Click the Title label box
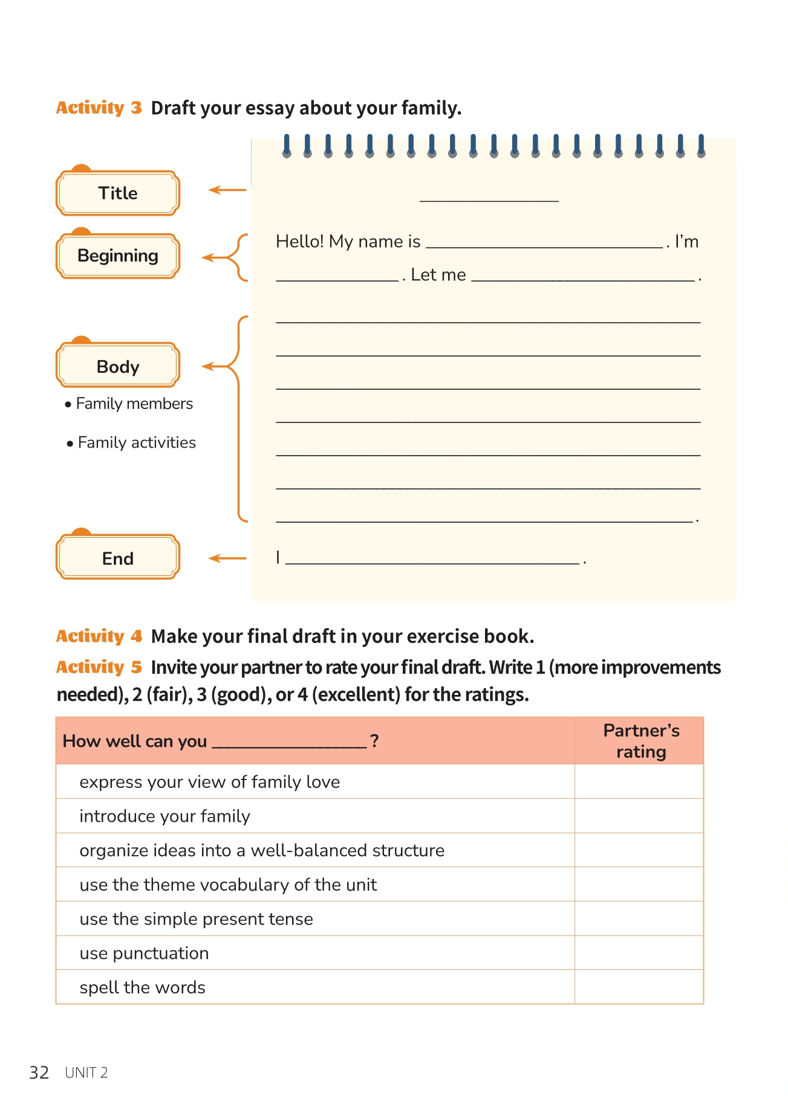118,193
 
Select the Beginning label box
118,256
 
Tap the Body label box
118,366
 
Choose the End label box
118,558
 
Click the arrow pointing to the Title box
227,190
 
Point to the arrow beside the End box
227,558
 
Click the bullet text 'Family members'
134,404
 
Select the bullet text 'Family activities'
137,443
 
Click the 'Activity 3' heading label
99,108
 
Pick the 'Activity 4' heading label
99,636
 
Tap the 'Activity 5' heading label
99,667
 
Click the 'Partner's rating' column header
641,741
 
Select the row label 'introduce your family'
165,816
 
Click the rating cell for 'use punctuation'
639,953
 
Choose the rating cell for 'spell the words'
639,987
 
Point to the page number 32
39,1073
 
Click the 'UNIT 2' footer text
86,1073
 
